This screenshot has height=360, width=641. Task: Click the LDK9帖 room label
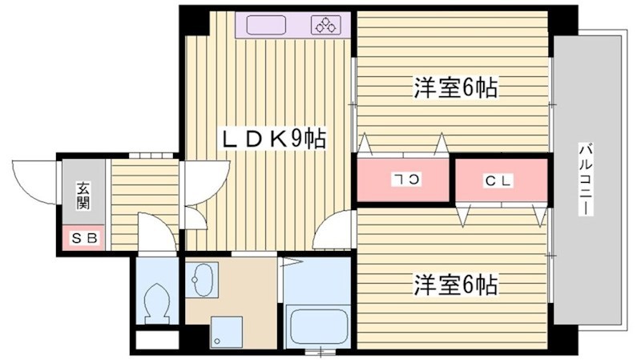click(x=273, y=139)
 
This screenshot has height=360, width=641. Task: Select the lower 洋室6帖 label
click(x=455, y=284)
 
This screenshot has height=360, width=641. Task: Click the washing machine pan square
click(x=226, y=331)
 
